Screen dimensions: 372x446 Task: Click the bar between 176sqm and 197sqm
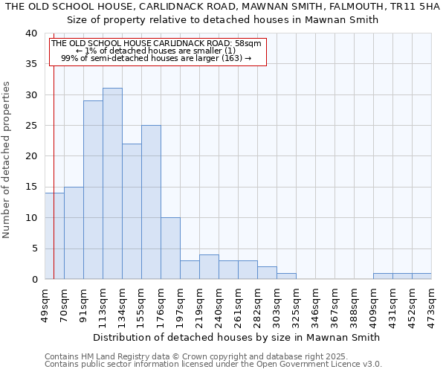[170, 248]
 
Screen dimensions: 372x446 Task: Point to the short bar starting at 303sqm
[286, 276]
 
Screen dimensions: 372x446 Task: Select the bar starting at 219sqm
[209, 267]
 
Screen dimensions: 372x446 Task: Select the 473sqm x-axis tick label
[432, 306]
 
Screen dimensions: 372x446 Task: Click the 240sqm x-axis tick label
[219, 306]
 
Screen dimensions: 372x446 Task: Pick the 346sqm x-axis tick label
[316, 306]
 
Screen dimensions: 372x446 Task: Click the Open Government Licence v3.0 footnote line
[213, 364]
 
